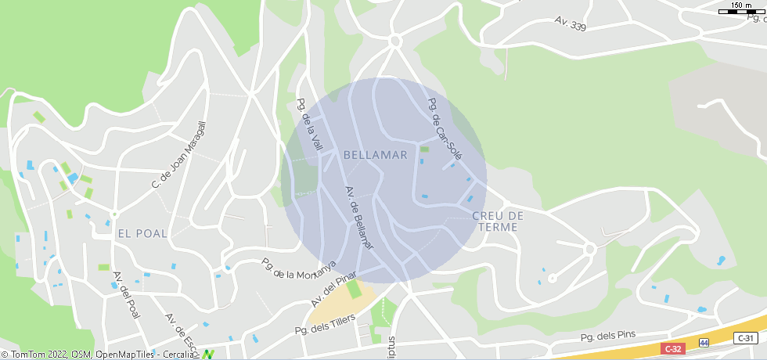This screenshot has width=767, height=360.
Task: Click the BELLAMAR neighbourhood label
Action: (x=376, y=155)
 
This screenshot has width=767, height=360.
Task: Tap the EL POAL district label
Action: (x=142, y=233)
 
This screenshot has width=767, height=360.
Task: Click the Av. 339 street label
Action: (x=570, y=23)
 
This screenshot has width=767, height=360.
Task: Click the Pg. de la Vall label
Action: (x=310, y=125)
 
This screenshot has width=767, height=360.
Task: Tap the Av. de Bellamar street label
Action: (x=360, y=218)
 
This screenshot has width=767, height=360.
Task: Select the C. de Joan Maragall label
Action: (x=178, y=155)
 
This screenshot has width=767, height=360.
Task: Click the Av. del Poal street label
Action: (x=126, y=295)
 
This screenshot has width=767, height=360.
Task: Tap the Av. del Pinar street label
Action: (x=333, y=290)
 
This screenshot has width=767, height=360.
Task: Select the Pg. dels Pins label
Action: (x=607, y=337)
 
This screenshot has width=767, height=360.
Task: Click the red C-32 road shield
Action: (x=673, y=348)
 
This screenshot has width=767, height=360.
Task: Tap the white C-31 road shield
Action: (x=746, y=338)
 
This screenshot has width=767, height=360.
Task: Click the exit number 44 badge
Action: (x=704, y=343)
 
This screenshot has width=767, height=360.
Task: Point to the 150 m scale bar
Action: (x=741, y=10)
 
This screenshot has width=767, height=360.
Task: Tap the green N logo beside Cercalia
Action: (x=208, y=355)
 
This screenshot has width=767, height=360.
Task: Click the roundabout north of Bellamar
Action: (x=394, y=41)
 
